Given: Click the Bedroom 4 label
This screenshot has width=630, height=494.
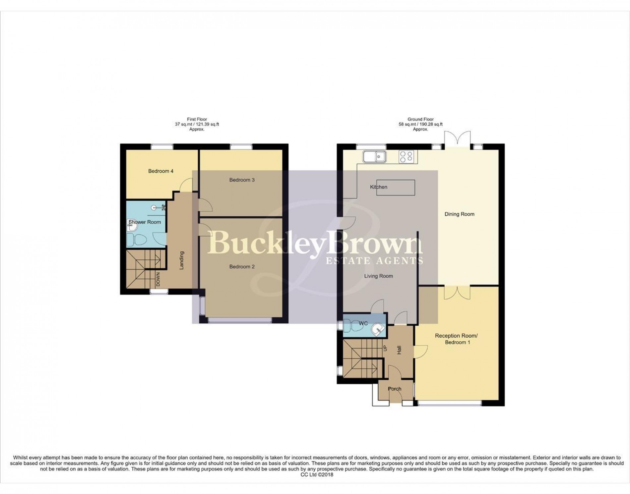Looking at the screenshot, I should (160, 171).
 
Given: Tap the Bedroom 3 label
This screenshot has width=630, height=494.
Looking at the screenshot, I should (242, 180).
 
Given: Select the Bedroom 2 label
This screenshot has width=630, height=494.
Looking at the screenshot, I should (242, 267).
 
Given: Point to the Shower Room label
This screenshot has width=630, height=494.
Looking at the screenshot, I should (145, 222).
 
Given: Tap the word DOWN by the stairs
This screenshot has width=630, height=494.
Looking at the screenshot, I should (158, 279).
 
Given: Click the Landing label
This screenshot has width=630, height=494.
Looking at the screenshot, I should (181, 260).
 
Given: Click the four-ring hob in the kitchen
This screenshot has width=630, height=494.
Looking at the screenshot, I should (407, 157).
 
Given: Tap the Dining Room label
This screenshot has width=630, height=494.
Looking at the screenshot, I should (459, 214).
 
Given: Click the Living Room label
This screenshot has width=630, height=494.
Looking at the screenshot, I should (378, 276).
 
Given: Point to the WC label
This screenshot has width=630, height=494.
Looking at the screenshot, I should (363, 323).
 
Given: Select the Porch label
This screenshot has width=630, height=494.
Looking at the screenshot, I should (394, 389).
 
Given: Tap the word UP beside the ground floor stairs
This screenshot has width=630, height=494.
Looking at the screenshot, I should (385, 349).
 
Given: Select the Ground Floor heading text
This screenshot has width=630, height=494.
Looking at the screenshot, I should (420, 119).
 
